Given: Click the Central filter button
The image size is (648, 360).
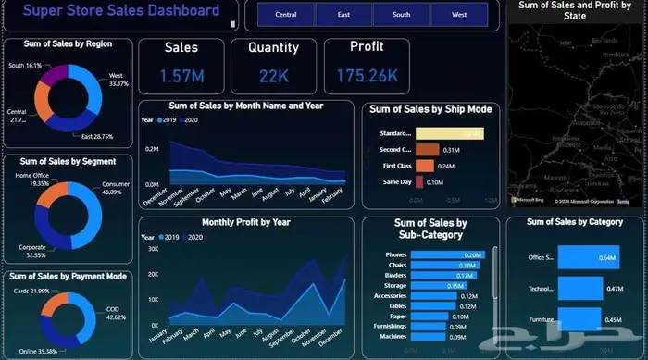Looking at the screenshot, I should [286, 15].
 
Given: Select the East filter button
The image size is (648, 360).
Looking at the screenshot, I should [343, 15].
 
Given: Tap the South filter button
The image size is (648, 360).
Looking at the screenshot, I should [401, 15].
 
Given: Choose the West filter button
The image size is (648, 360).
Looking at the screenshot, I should [459, 15].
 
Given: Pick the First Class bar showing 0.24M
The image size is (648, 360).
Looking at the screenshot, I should [425, 166].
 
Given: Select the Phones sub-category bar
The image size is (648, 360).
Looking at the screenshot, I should [449, 254].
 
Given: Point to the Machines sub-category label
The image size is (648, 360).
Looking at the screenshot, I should [393, 335].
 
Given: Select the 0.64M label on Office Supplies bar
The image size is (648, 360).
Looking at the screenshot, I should [608, 258].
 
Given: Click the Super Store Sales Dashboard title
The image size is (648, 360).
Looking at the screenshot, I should [120, 12].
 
